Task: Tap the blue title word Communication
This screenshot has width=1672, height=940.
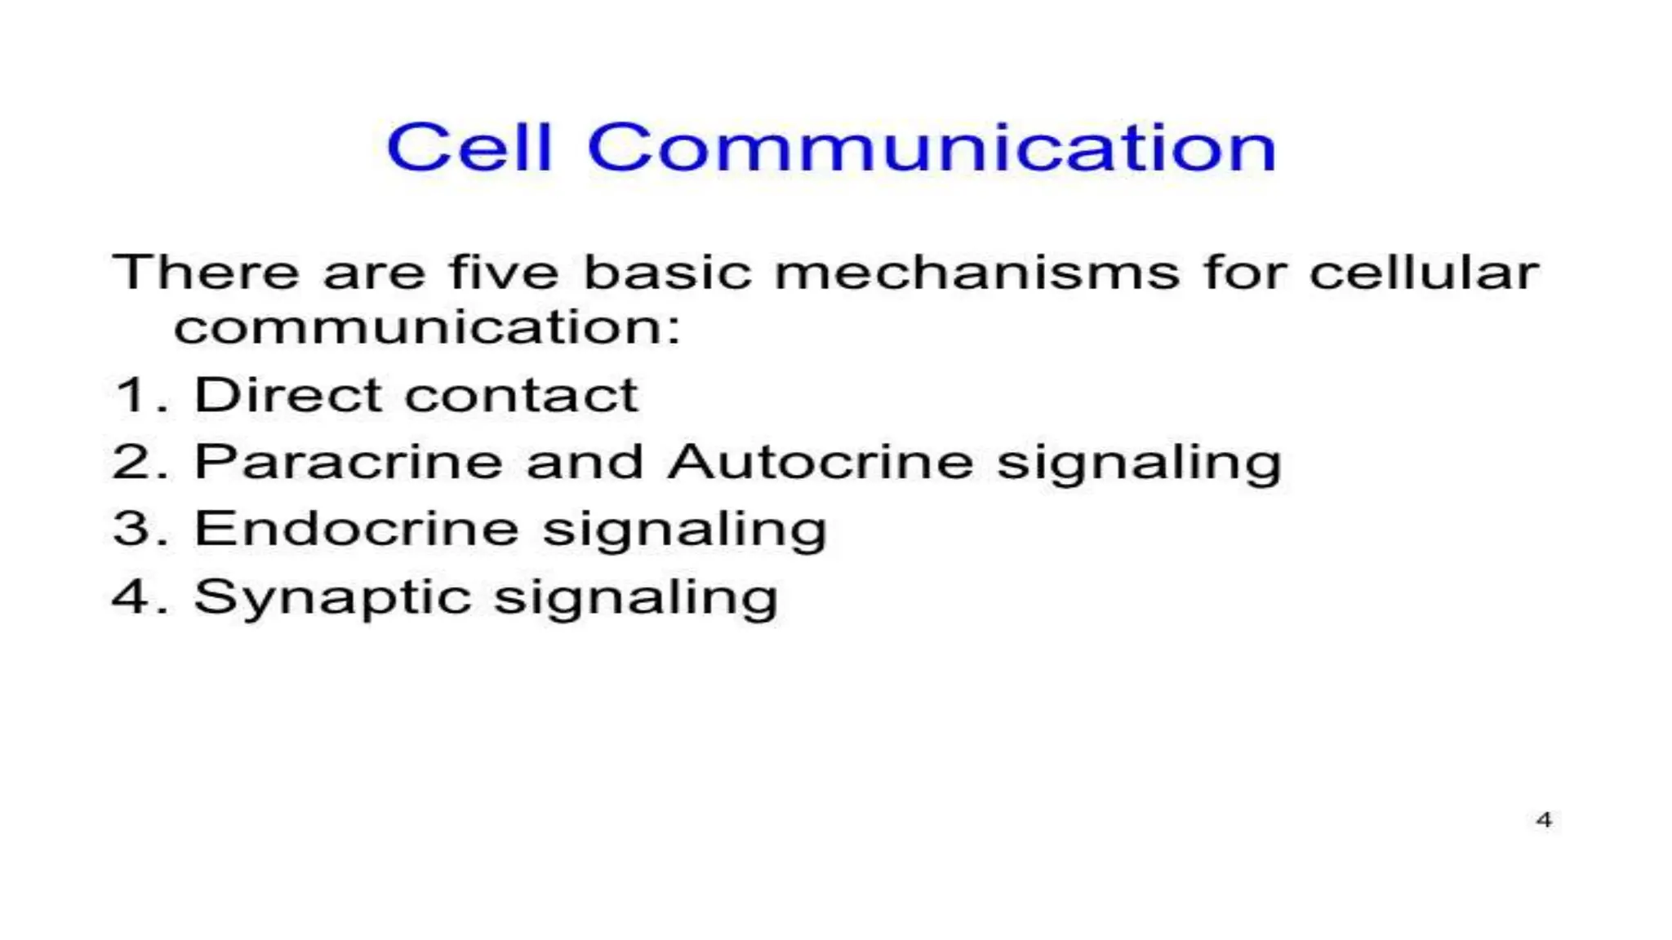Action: pyautogui.click(x=932, y=148)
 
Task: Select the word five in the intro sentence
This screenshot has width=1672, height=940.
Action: pyautogui.click(x=504, y=272)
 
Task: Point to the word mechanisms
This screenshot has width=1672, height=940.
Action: pyautogui.click(x=977, y=272)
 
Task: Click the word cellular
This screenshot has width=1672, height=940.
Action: pyautogui.click(x=1424, y=272)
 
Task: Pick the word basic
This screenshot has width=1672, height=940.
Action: pyautogui.click(x=667, y=272)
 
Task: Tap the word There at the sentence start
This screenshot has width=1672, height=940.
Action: pyautogui.click(x=207, y=272)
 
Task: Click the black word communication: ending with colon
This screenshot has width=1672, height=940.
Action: pyautogui.click(x=427, y=328)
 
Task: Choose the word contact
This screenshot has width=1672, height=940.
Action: pyautogui.click(x=522, y=396)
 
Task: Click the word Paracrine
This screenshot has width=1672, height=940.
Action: pyautogui.click(x=349, y=463)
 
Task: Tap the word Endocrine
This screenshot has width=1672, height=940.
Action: pyautogui.click(x=357, y=530)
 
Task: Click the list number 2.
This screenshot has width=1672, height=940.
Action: pyautogui.click(x=132, y=463)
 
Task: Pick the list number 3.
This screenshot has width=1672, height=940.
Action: pyautogui.click(x=132, y=530)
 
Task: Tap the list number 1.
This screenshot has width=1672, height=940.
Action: pyautogui.click(x=132, y=396)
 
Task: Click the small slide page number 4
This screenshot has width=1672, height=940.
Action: pyautogui.click(x=1543, y=819)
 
